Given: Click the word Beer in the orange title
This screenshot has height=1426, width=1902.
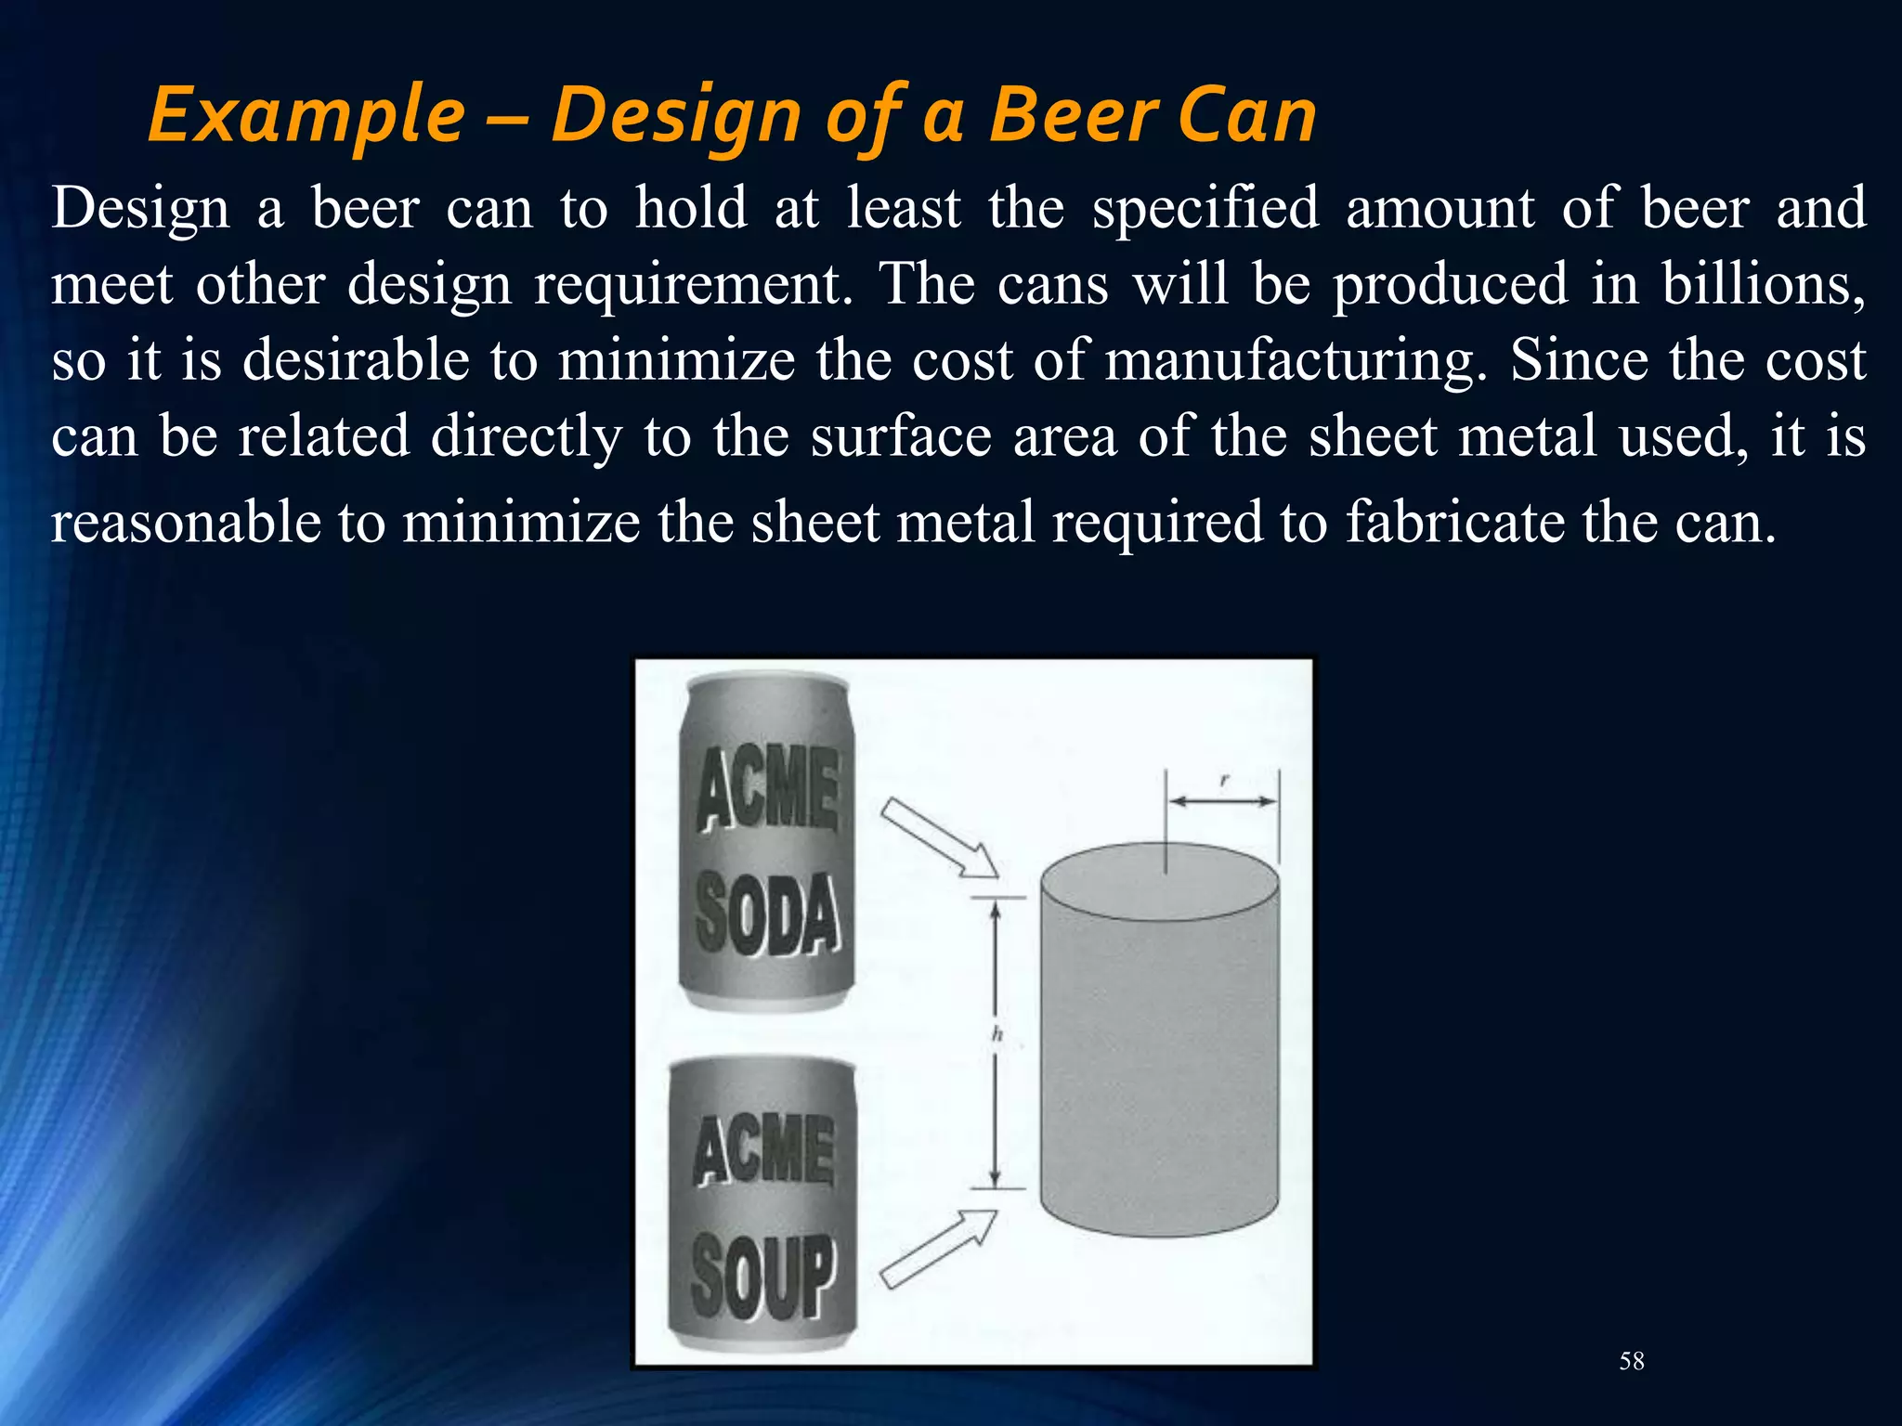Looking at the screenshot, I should (x=1074, y=115).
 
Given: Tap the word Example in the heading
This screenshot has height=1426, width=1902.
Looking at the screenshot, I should (x=306, y=115).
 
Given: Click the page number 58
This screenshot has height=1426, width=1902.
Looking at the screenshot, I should (x=1632, y=1361).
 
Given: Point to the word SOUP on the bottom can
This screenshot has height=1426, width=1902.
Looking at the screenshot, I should (x=763, y=1274).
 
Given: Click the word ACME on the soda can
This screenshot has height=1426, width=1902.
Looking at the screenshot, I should (x=768, y=789).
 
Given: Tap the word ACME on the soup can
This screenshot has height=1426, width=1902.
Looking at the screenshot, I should (x=763, y=1151).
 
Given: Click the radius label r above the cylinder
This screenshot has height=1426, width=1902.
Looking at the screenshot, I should (x=1224, y=782).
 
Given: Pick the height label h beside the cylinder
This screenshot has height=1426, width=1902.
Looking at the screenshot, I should (x=997, y=1034).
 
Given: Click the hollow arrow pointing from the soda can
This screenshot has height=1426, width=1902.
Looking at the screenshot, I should (x=938, y=837).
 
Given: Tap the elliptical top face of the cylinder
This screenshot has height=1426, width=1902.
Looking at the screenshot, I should (x=1159, y=882).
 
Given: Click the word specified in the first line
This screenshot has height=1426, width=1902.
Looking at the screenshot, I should (x=1205, y=208).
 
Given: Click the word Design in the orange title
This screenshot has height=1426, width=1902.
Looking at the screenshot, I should (x=676, y=115).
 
